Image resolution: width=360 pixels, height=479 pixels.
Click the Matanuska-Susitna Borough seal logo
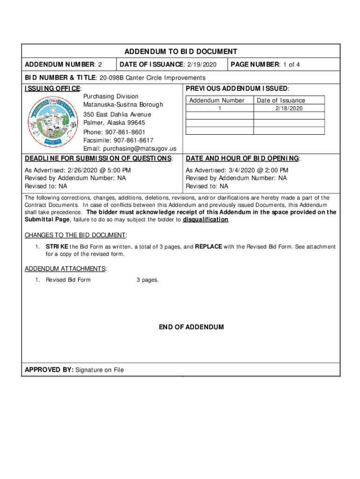pos(51,122)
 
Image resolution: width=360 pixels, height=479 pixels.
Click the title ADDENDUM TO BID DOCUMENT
pos(180,52)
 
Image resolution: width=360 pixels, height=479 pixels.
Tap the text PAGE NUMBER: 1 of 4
pos(266,65)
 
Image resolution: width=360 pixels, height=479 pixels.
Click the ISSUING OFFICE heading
pos(53,89)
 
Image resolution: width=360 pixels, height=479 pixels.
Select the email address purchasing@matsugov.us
pos(137,148)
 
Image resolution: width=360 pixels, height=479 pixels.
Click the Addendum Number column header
pos(216,101)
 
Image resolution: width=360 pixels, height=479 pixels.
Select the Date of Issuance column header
pos(281,101)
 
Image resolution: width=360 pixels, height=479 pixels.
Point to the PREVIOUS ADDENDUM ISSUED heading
pos(237,89)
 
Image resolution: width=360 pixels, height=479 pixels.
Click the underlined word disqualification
pos(206,220)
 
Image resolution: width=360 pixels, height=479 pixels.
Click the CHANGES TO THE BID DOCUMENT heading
pos(75,235)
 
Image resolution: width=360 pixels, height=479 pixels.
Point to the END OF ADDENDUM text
pos(191,327)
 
